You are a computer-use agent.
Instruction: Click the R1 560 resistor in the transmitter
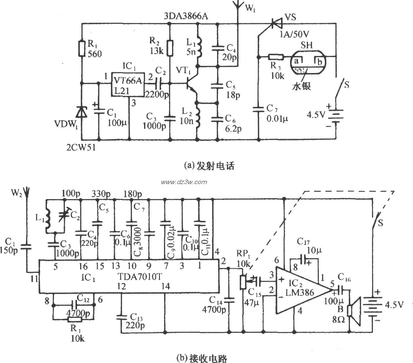81,48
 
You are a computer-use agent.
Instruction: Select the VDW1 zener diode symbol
81,112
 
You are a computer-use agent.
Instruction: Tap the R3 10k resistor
275,57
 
